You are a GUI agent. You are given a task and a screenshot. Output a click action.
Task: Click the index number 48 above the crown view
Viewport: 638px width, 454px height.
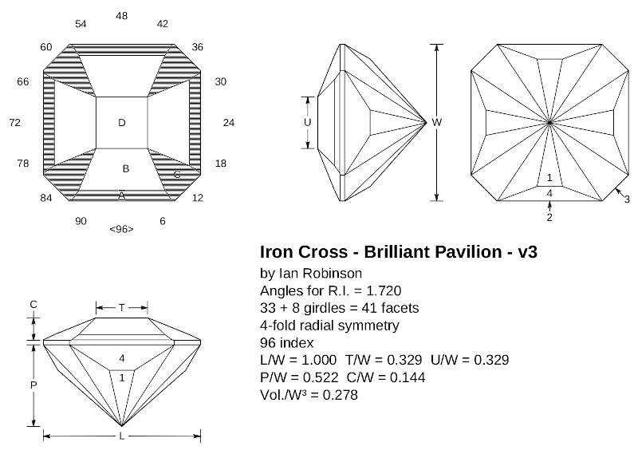(121, 16)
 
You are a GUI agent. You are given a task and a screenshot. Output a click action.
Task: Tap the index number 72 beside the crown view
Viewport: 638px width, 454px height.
(14, 123)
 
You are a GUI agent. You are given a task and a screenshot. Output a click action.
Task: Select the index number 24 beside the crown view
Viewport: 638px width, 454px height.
(229, 123)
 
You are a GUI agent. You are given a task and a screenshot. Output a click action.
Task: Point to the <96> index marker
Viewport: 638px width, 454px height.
(121, 230)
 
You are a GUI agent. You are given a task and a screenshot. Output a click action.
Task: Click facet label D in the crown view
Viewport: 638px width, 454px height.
(121, 122)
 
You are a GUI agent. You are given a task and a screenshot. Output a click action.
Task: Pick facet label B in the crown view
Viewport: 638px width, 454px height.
(125, 169)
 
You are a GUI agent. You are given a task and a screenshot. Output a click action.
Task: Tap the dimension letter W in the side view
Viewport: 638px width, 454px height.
(436, 122)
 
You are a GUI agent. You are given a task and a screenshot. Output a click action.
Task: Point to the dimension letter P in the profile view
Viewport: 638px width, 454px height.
(33, 384)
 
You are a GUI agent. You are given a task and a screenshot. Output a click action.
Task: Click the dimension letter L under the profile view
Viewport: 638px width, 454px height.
(121, 437)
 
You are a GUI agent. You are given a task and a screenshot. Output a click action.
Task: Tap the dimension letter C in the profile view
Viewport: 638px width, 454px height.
(33, 305)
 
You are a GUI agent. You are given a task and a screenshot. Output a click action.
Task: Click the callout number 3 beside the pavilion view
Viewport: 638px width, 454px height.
(627, 199)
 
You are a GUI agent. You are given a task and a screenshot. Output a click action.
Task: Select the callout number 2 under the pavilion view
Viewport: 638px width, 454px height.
(549, 216)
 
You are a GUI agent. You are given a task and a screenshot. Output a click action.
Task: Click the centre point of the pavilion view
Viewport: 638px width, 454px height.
(549, 122)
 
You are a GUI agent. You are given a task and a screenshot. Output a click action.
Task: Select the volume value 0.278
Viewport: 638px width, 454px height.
(337, 394)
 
